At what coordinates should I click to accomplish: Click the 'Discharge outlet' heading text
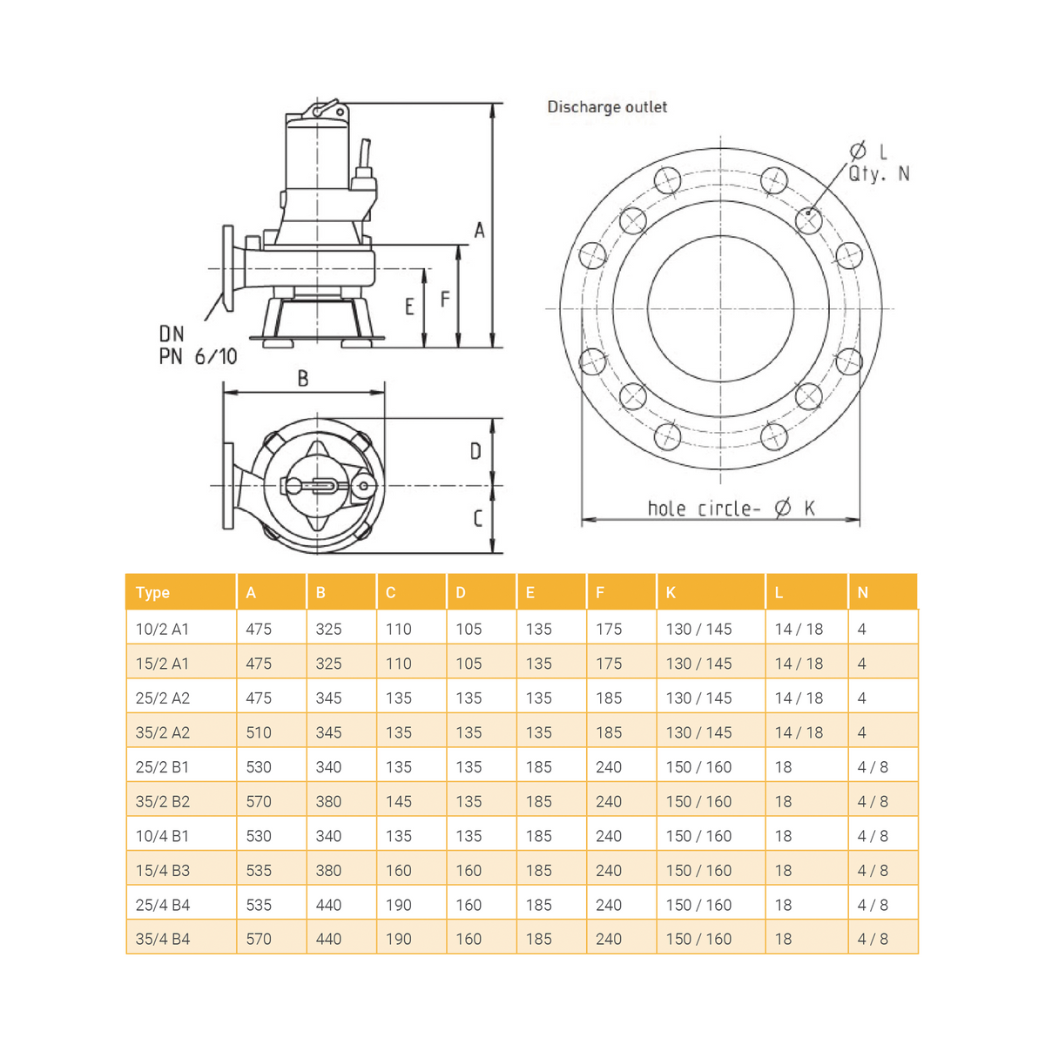click(607, 107)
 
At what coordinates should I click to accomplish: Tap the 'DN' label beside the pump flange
click(172, 334)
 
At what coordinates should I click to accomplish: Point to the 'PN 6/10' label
click(198, 356)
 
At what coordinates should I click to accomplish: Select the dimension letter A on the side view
click(479, 231)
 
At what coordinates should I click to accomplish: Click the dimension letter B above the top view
click(303, 378)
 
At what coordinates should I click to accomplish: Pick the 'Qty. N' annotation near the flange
click(879, 173)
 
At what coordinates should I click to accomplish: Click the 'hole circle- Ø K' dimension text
click(731, 508)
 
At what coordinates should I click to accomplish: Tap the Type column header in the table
click(152, 592)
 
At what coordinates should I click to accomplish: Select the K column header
click(671, 592)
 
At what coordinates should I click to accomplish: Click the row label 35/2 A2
click(163, 732)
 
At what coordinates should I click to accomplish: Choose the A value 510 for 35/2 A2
click(259, 732)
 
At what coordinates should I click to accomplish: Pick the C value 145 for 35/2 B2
click(399, 801)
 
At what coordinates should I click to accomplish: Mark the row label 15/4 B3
click(163, 870)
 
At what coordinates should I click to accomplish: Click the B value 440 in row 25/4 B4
click(328, 905)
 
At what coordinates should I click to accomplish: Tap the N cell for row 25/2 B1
click(873, 767)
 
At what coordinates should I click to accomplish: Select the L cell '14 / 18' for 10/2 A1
click(799, 629)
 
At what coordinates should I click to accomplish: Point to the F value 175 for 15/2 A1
click(609, 664)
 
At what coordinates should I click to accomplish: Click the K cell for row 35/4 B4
click(698, 939)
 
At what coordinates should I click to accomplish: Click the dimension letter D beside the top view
click(475, 451)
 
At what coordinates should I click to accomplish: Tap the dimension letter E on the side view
click(409, 307)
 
